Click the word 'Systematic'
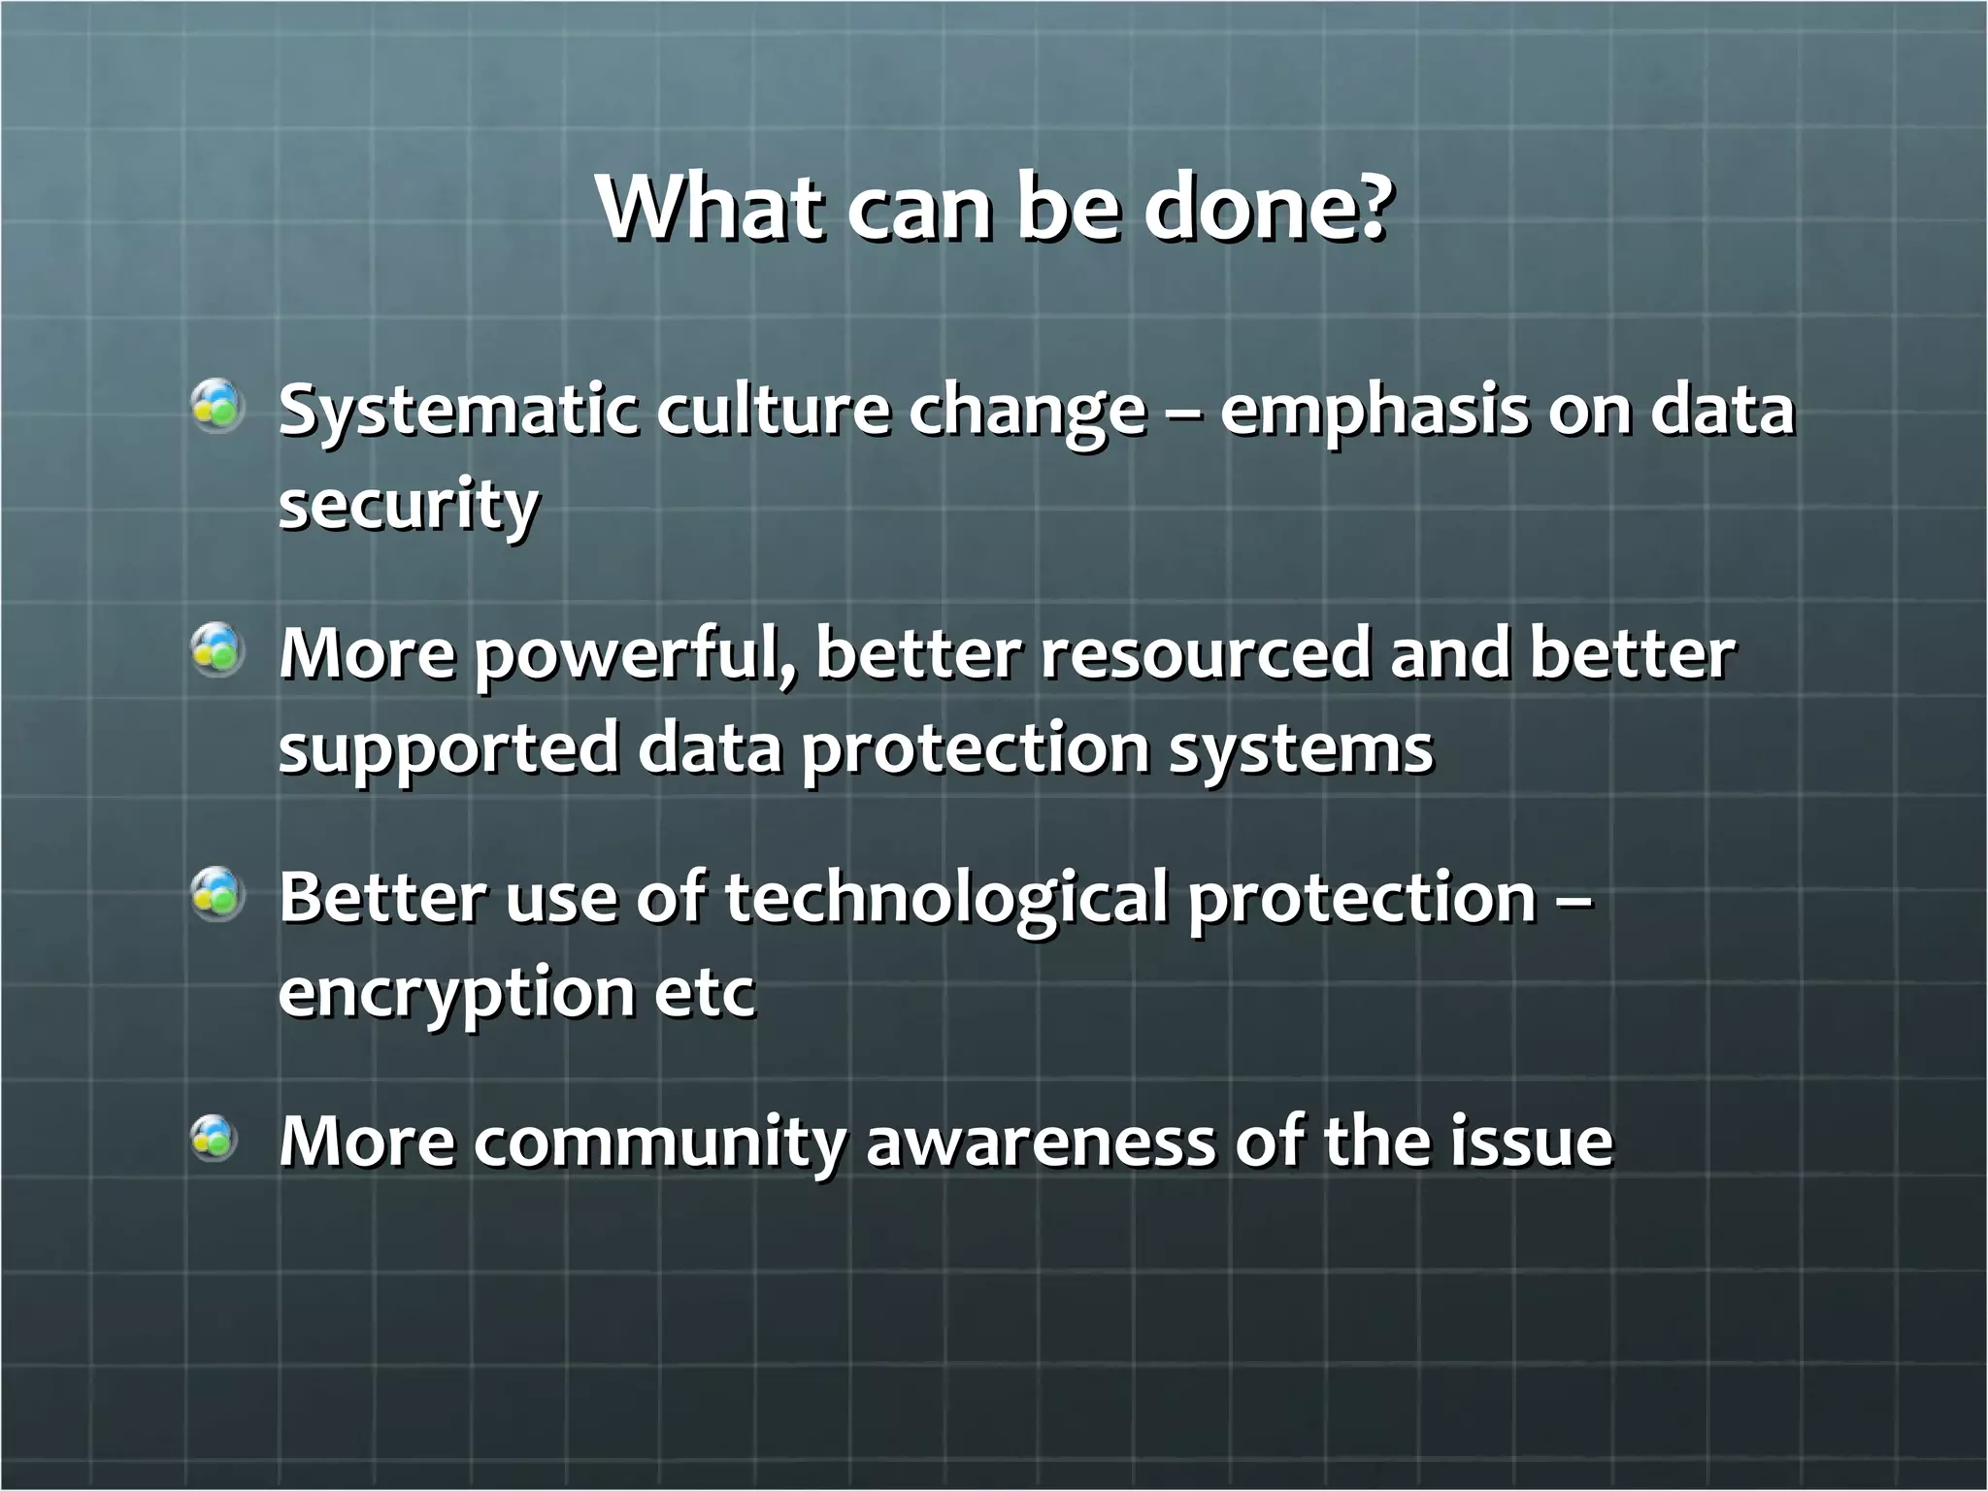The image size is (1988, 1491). point(457,413)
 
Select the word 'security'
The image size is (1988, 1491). point(408,507)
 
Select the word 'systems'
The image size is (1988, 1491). point(1300,750)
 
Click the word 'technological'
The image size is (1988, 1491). point(945,898)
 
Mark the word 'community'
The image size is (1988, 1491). point(660,1143)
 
